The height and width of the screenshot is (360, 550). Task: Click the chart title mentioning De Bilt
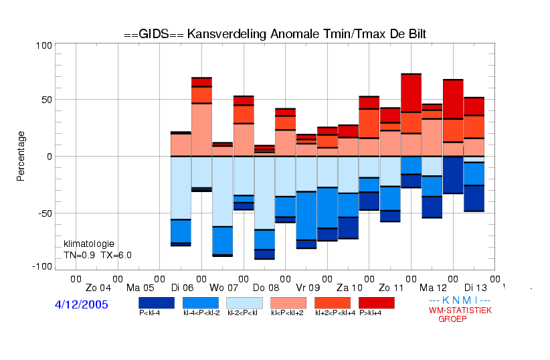pyautogui.click(x=275, y=34)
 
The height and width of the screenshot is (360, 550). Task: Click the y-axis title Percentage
pyautogui.click(x=21, y=156)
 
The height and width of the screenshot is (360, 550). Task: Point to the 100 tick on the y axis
pyautogui.click(x=44, y=46)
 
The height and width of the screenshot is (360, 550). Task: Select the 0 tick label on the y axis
pyautogui.click(x=49, y=157)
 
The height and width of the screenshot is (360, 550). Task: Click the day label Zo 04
pyautogui.click(x=98, y=288)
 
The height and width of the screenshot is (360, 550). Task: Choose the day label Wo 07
pyautogui.click(x=223, y=288)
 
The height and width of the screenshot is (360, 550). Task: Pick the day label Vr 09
pyautogui.click(x=308, y=288)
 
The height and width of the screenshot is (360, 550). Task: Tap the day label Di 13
pyautogui.click(x=476, y=288)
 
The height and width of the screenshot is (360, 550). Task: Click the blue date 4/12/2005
pyautogui.click(x=82, y=304)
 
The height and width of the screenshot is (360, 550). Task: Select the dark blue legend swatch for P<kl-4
pyautogui.click(x=157, y=303)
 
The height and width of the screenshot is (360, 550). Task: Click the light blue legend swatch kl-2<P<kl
pyautogui.click(x=244, y=303)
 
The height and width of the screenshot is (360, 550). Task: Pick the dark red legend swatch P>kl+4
pyautogui.click(x=377, y=303)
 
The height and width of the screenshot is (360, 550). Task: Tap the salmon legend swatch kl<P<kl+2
pyautogui.click(x=288, y=303)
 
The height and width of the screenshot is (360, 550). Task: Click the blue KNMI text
pyautogui.click(x=460, y=300)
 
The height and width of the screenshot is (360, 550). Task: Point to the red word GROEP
pyautogui.click(x=452, y=319)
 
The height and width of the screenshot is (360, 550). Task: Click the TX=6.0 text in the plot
pyautogui.click(x=116, y=255)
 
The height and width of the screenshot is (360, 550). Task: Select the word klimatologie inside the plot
pyautogui.click(x=89, y=244)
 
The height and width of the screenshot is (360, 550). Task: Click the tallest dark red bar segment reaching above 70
pyautogui.click(x=411, y=93)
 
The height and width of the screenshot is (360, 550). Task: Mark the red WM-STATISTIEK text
pyautogui.click(x=460, y=310)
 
